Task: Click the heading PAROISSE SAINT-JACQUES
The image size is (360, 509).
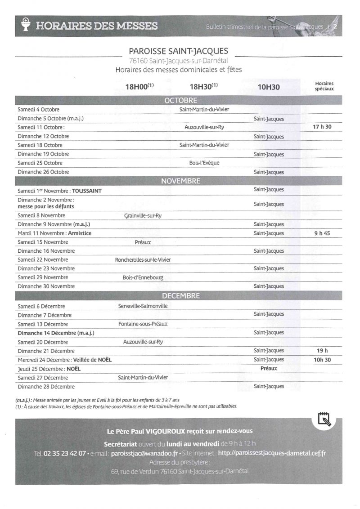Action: [x=179, y=51]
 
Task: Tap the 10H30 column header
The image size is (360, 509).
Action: [x=269, y=87]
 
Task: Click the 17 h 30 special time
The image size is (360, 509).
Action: [x=322, y=127]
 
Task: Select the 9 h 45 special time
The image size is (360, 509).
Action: [x=322, y=233]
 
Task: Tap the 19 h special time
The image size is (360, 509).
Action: [x=322, y=351]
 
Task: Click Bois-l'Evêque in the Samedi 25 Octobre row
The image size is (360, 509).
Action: [x=204, y=163]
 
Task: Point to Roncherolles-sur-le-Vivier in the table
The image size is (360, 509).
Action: [x=143, y=260]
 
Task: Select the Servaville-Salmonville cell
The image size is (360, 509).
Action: [x=143, y=306]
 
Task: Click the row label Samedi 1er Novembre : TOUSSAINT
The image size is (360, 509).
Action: [x=59, y=191]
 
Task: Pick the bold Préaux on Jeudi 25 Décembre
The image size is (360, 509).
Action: [x=269, y=368]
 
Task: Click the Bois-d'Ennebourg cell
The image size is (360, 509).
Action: [x=143, y=277]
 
